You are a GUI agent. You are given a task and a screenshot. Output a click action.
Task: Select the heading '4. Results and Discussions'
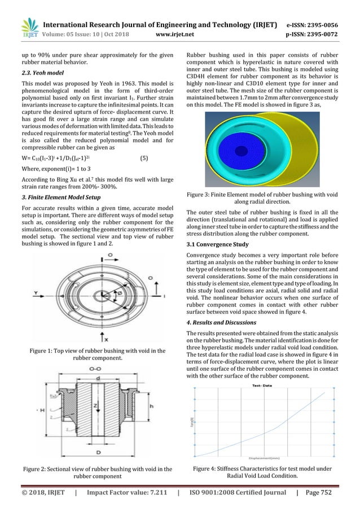tap(222, 322)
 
